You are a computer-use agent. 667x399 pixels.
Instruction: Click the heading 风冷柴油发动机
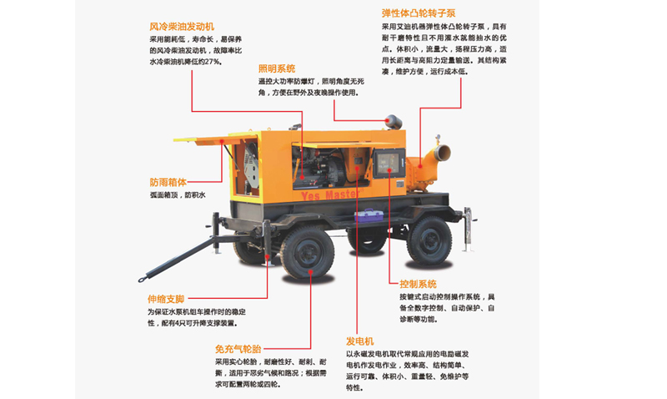pos(182,26)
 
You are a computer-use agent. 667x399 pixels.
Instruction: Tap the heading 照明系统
pos(277,68)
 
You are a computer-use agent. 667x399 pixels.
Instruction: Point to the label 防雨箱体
pos(168,182)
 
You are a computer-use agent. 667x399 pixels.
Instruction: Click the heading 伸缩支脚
pos(167,298)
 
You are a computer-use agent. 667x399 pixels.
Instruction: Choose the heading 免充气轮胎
pos(238,348)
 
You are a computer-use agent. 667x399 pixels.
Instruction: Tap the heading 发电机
pos(360,341)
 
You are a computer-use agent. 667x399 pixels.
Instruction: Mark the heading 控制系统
pos(418,284)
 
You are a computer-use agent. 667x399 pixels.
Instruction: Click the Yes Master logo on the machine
pos(331,191)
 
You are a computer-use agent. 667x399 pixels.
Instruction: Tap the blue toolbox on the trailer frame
pos(367,215)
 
